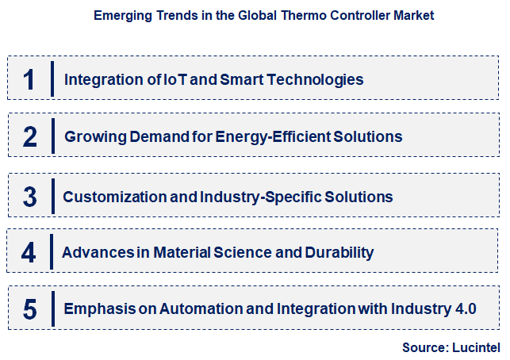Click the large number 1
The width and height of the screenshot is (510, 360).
point(29,80)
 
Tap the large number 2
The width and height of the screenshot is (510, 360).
point(30,137)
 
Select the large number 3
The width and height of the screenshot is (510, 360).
point(30,196)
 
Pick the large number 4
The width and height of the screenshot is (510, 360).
point(29,253)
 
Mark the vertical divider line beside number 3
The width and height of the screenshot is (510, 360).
point(52,195)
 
